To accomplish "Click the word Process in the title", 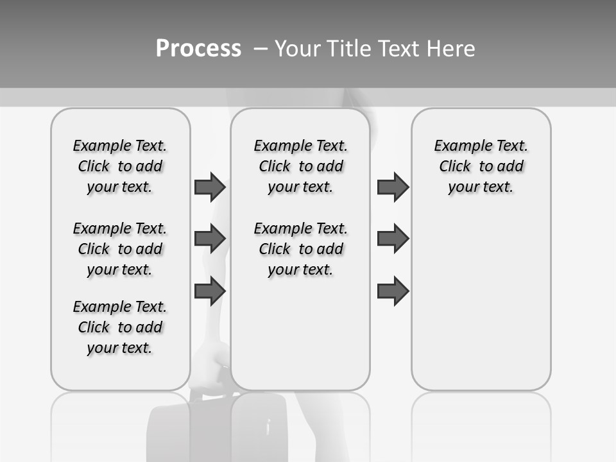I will pyautogui.click(x=198, y=48).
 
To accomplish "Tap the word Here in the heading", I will pyautogui.click(x=450, y=49).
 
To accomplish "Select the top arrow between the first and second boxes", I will pyautogui.click(x=210, y=187).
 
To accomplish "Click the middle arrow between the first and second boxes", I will pyautogui.click(x=210, y=239).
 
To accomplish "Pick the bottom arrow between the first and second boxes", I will pyautogui.click(x=210, y=291).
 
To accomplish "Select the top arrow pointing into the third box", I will pyautogui.click(x=393, y=187).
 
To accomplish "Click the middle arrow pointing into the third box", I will pyautogui.click(x=393, y=239).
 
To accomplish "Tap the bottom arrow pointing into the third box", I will pyautogui.click(x=393, y=291).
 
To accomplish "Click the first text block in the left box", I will pyautogui.click(x=120, y=166).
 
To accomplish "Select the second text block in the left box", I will pyautogui.click(x=120, y=249).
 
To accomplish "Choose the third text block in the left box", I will pyautogui.click(x=120, y=327).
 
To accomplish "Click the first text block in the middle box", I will pyautogui.click(x=300, y=166).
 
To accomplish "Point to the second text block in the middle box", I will pyautogui.click(x=300, y=249).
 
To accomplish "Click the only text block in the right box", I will pyautogui.click(x=481, y=166).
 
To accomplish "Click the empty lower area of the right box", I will pyautogui.click(x=481, y=308).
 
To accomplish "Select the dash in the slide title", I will pyautogui.click(x=261, y=49).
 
